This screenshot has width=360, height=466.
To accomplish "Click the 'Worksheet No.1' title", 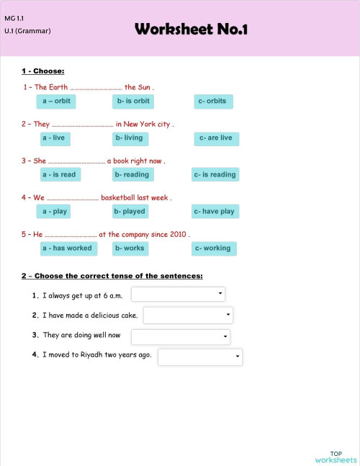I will (x=191, y=30).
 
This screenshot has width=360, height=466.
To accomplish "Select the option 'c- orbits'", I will (x=212, y=102).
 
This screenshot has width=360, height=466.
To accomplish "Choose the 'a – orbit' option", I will (x=57, y=102).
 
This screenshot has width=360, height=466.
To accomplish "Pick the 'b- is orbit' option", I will (x=133, y=102).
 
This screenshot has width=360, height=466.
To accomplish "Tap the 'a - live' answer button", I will (x=53, y=138).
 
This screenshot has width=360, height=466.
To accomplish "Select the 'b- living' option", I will (x=129, y=138).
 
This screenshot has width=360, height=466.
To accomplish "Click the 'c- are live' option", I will (x=216, y=138).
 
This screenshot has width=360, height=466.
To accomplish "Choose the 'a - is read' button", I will (x=59, y=174).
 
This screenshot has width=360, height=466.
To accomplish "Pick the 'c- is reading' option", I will (x=215, y=174).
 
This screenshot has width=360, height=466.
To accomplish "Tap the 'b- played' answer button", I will (x=130, y=212).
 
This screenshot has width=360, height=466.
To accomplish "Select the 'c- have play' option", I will (x=215, y=212).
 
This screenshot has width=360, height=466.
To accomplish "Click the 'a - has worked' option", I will (x=67, y=248).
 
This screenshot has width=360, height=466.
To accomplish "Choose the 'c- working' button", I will (x=212, y=248).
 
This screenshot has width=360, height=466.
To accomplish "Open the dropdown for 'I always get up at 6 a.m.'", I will (x=178, y=294).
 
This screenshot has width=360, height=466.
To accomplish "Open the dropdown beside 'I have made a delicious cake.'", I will (x=188, y=315).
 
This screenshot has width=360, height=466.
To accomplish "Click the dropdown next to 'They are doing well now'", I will (x=180, y=336).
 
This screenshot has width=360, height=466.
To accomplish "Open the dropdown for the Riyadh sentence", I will (x=200, y=357).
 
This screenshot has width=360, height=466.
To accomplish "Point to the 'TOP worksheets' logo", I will (x=336, y=456).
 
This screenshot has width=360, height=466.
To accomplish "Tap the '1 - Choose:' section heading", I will (x=43, y=71).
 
